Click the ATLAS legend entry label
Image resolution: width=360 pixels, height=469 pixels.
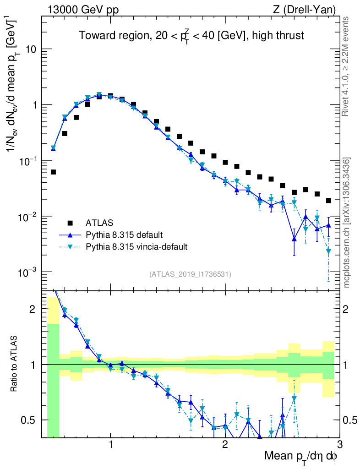[x=98, y=223]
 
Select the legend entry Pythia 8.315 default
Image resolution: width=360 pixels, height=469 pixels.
[x=124, y=235]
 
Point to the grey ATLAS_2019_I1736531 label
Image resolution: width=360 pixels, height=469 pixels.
[x=190, y=274]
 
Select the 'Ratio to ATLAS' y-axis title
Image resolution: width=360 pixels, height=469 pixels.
[x=15, y=365]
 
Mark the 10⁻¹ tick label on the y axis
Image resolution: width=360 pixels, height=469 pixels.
[x=27, y=161]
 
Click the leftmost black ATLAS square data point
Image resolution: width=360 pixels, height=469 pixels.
[x=53, y=172]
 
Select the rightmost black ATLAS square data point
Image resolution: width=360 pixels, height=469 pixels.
[x=328, y=200]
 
